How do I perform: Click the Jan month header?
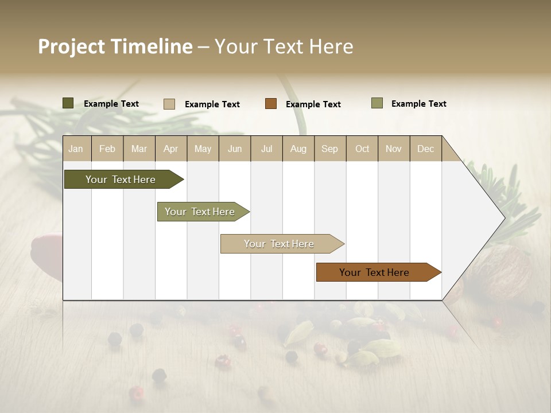click(x=76, y=149)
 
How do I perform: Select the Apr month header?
click(x=171, y=149)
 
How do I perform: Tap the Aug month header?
click(x=298, y=149)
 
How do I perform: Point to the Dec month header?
click(x=425, y=149)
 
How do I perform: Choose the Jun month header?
click(x=235, y=149)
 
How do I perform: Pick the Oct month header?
click(x=362, y=149)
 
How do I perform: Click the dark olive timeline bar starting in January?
click(x=121, y=180)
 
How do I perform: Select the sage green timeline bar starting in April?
click(x=200, y=212)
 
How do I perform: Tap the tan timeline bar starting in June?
click(x=280, y=244)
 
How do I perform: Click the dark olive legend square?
click(x=68, y=103)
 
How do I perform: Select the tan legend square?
click(x=169, y=104)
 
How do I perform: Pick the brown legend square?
click(x=271, y=104)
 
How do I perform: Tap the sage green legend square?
click(x=377, y=103)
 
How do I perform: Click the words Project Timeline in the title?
click(x=115, y=46)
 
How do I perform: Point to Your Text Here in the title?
click(x=284, y=46)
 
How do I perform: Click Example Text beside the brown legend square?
click(x=313, y=104)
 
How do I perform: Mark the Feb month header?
click(x=107, y=149)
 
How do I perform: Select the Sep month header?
click(x=329, y=149)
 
